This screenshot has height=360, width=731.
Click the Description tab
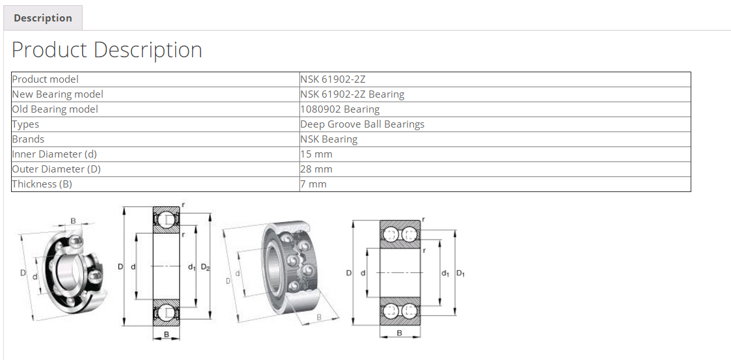pos(43,18)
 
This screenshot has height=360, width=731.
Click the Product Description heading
pos(107,50)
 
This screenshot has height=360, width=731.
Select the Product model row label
pos(46,79)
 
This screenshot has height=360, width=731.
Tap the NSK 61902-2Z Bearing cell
pos(352,94)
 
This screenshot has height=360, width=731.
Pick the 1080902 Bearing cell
pos(340,109)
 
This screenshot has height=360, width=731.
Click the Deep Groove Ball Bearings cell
pos(362,124)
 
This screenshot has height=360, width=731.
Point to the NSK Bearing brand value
pos(329,139)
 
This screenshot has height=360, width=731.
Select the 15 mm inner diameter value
pos(316,154)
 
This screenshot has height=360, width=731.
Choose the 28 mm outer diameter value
pos(316,169)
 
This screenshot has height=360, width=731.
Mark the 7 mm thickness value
pos(314,184)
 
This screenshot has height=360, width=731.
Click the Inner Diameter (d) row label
pos(55,154)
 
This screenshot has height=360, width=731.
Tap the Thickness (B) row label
pos(42,184)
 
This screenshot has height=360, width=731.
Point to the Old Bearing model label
pos(55,109)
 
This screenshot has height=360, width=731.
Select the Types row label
pos(26,124)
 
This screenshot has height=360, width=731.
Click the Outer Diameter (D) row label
pos(57,169)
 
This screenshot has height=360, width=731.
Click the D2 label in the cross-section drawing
pos(205,267)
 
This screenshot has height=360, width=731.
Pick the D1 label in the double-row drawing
pos(460,273)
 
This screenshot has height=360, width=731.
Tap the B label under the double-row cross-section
pos(399,333)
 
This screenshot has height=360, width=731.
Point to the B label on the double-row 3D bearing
pos(319,317)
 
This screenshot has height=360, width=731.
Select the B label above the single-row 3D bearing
pos(73,221)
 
